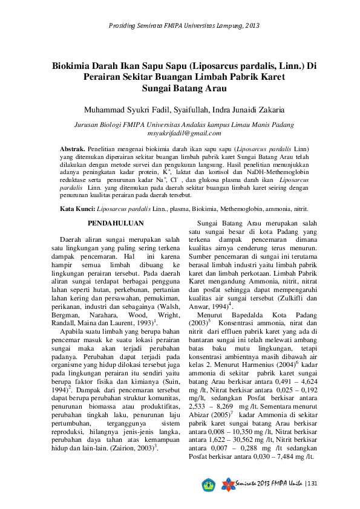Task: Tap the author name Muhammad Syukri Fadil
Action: (122, 109)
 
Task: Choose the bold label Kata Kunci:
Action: (77, 208)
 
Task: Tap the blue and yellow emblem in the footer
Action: (209, 484)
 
